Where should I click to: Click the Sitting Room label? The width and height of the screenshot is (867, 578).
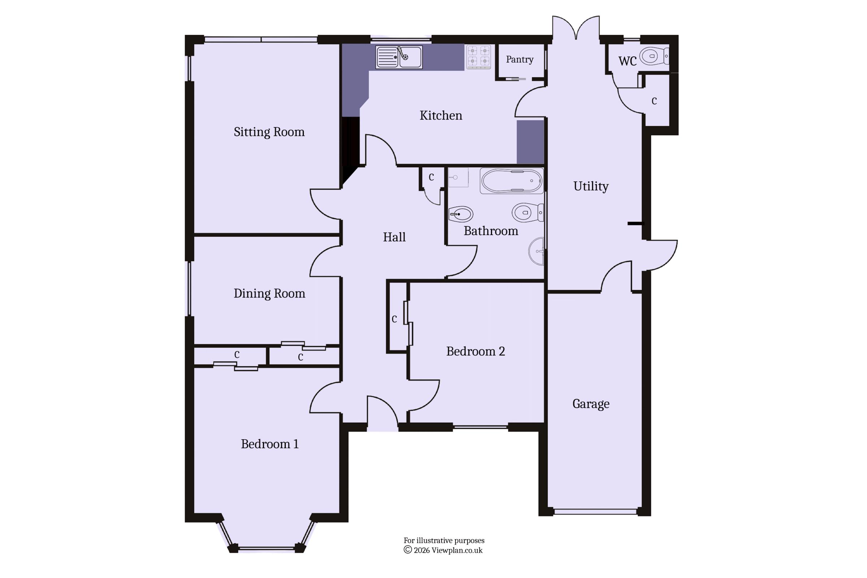click(x=269, y=132)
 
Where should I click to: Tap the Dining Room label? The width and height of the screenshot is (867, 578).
click(x=269, y=293)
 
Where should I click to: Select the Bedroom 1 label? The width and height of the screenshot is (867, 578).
click(x=270, y=444)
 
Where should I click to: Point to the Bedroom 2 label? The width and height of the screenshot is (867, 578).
click(x=475, y=351)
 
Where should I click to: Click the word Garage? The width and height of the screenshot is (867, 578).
click(x=591, y=404)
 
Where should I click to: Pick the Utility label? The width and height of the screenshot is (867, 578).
click(x=591, y=186)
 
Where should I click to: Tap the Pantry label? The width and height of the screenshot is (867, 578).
click(x=520, y=60)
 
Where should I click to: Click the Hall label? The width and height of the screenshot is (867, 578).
click(x=394, y=237)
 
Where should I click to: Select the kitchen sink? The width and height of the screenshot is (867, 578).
click(x=399, y=57)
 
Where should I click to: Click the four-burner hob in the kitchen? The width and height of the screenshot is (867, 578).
click(x=478, y=57)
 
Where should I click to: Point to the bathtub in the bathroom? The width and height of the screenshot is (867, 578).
click(x=512, y=181)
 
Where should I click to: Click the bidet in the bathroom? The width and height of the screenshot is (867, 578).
click(x=461, y=214)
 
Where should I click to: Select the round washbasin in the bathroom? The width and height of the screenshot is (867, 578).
click(x=537, y=251)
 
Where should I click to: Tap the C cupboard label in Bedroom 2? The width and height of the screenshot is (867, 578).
click(x=394, y=319)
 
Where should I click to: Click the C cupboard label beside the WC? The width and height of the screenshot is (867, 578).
click(x=654, y=101)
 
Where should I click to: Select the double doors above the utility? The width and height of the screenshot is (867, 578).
click(x=576, y=28)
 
